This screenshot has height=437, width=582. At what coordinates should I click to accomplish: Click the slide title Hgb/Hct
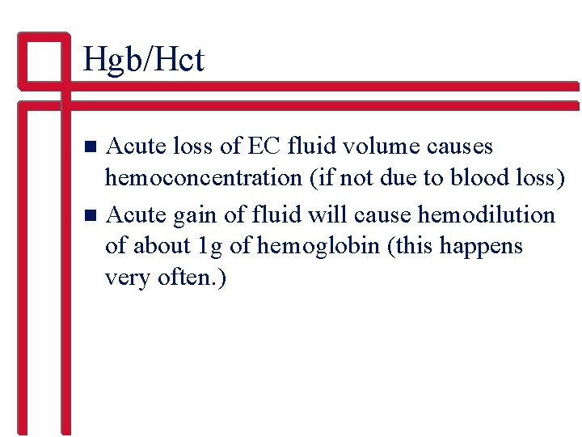(143, 60)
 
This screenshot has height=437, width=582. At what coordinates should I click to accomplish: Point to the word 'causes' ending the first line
(461, 146)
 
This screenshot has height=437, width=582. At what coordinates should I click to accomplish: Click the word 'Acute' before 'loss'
(133, 146)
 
